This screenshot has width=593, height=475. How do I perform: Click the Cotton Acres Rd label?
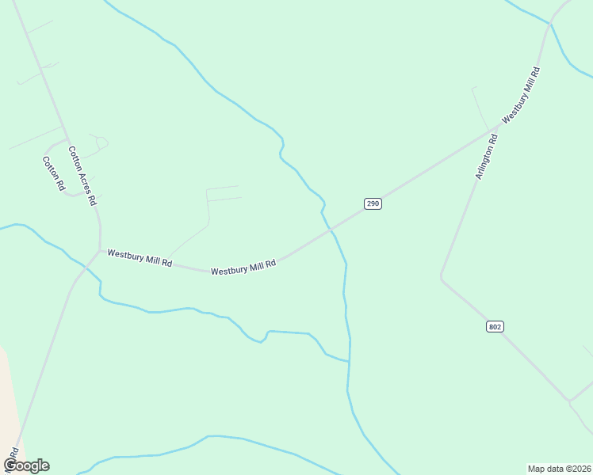pos(82,176)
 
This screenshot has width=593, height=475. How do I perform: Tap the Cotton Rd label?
pos(53,173)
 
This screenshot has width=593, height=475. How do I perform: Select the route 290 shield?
pos(373,203)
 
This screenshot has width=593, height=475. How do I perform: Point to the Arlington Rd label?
pos(486,157)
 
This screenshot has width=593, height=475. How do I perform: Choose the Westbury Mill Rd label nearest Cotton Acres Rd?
pos(140,257)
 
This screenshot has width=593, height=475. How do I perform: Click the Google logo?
pos(26,465)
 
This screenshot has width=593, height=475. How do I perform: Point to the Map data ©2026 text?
pos(559,469)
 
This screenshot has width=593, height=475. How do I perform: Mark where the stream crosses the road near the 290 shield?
pos(330,230)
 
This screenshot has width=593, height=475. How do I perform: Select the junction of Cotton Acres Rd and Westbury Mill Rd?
pos(99,251)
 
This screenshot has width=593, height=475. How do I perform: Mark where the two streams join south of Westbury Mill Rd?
pos(349,362)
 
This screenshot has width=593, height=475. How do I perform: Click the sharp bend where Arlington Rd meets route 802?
pos(442,277)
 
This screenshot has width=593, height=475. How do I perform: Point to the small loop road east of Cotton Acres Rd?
pos(100,142)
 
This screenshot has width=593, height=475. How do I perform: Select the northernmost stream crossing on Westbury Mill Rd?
pos(550,23)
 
